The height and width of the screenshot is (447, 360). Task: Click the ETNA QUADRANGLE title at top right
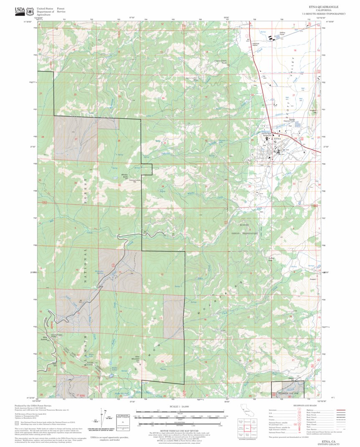[324, 7]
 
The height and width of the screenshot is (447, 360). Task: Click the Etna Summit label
[43, 338]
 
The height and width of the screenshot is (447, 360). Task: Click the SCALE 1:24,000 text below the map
[180, 406]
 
